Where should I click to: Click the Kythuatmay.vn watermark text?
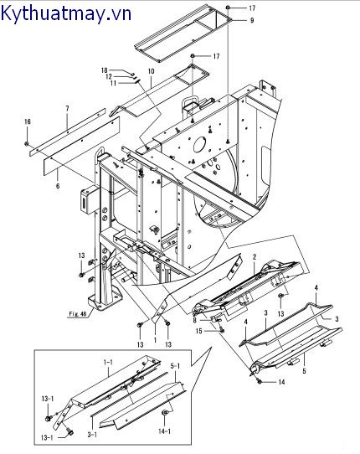[x=66, y=14]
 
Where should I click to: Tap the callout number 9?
[x=252, y=20]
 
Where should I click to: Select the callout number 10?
[x=151, y=71]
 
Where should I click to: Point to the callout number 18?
[x=104, y=70]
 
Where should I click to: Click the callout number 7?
[x=67, y=109]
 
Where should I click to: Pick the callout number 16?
[x=27, y=121]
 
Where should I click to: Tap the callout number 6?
[x=58, y=186]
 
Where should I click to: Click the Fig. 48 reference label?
[x=78, y=314]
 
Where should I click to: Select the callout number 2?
[x=255, y=257]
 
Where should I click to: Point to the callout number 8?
[x=194, y=320]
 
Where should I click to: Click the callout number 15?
[x=198, y=330]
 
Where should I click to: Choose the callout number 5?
[x=304, y=371]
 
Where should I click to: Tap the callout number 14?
[x=281, y=382]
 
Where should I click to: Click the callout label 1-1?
[x=108, y=362]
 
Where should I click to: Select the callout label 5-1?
[x=175, y=366]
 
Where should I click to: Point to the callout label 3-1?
[x=92, y=435]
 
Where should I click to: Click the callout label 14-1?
[x=164, y=431]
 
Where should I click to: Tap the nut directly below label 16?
[x=27, y=143]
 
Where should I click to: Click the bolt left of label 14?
[x=260, y=382]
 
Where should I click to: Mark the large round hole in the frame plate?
[x=199, y=145]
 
